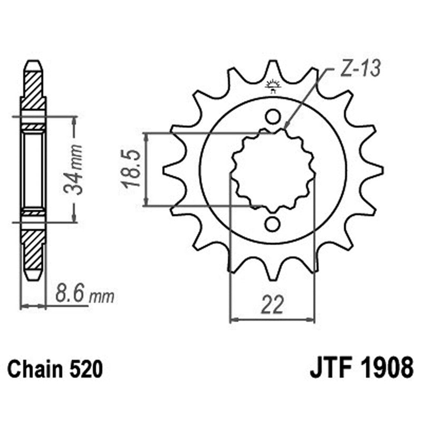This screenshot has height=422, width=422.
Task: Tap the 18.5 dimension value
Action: coord(132,169)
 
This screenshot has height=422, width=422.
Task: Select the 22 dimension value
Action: coord(273,304)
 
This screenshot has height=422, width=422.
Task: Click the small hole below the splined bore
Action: coord(272,224)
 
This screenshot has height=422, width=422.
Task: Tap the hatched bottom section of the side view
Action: coord(33,248)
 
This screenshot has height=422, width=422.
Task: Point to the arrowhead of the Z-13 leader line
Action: coord(286,128)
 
